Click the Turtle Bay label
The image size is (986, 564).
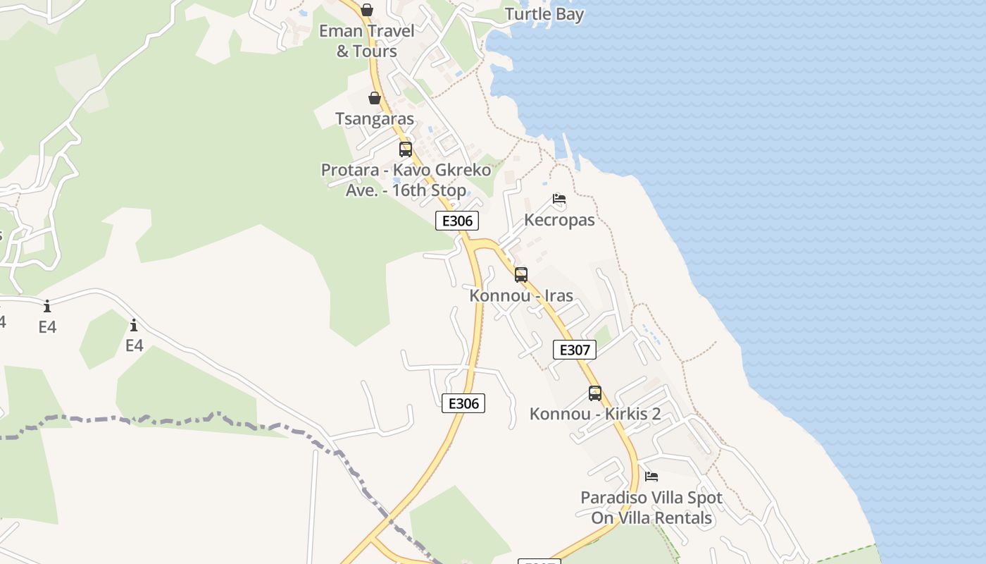(x=544, y=14)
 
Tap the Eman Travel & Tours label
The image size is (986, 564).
(x=366, y=41)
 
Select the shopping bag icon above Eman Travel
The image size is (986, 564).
(x=366, y=10)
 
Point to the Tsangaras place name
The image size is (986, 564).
(x=375, y=119)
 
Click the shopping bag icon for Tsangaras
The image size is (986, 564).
(x=375, y=98)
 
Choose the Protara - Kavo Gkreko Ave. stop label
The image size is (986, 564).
(x=406, y=180)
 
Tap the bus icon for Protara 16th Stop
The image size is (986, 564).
(x=406, y=149)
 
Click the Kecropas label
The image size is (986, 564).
(x=559, y=220)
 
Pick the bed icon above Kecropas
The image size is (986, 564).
(x=559, y=199)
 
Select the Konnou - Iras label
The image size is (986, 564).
(x=521, y=295)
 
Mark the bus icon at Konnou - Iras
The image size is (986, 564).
(x=521, y=275)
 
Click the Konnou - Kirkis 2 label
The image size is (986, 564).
(x=595, y=414)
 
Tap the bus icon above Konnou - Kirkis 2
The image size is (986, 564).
(x=595, y=393)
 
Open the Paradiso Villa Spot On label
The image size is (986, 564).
(x=651, y=498)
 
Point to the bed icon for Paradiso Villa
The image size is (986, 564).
(x=651, y=477)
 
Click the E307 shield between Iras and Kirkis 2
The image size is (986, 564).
(x=575, y=350)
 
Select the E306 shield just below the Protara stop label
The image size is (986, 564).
(x=457, y=221)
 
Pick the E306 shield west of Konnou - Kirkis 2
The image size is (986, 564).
(x=463, y=403)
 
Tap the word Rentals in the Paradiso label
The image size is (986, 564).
(x=681, y=518)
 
